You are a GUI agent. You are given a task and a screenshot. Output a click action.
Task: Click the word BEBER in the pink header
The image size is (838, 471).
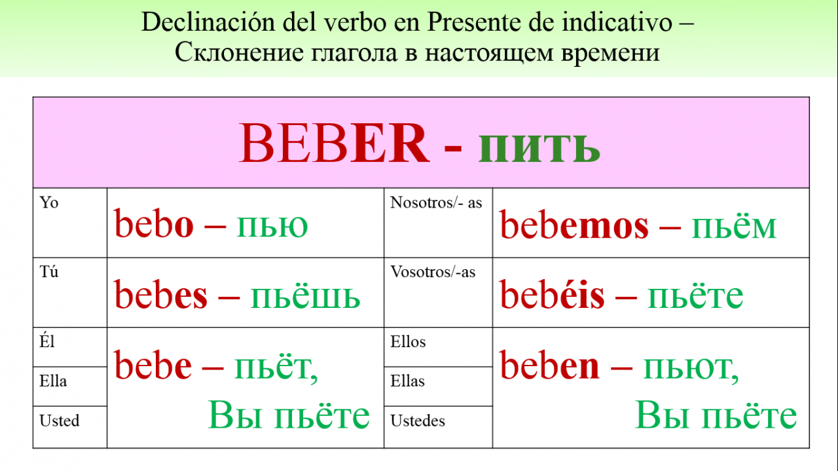(334, 143)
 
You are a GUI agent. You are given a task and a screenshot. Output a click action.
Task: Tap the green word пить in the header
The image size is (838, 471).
(539, 148)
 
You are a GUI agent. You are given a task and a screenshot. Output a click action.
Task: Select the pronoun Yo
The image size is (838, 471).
(49, 202)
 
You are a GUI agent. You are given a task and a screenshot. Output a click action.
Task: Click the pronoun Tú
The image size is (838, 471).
(49, 271)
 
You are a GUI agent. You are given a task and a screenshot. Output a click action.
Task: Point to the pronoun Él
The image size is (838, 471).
(47, 341)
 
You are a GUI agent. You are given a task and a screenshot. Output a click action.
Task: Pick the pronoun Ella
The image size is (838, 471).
(53, 381)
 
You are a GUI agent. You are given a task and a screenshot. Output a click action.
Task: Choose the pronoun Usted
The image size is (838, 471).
(60, 421)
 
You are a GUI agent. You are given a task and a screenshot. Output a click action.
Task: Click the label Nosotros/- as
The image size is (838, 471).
(436, 202)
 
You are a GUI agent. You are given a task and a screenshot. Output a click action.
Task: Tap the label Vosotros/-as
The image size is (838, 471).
(433, 272)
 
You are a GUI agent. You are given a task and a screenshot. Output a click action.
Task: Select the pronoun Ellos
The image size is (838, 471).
(408, 341)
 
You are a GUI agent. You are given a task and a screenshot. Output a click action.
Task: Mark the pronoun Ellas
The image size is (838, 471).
(408, 381)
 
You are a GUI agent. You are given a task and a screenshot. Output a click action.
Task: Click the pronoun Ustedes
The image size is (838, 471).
(418, 421)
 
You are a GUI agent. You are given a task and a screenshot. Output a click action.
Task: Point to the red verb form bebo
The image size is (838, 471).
(154, 223)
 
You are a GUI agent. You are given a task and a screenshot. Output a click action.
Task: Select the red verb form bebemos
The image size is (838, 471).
(574, 223)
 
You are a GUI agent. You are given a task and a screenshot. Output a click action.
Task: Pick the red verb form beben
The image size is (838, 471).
(549, 364)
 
